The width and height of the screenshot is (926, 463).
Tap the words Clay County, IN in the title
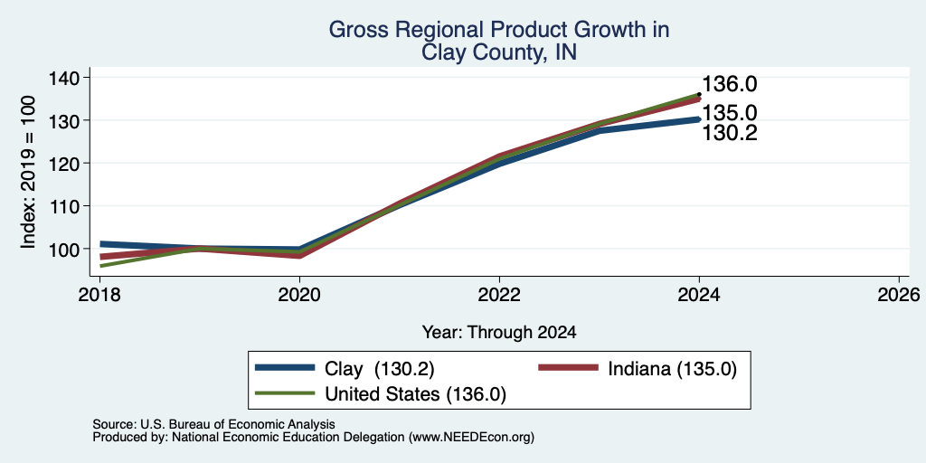coord(499,52)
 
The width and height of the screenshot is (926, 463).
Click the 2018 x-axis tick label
coord(100,294)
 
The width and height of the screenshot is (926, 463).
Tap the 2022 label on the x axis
coord(499,294)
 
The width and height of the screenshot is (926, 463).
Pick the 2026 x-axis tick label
coord(899,294)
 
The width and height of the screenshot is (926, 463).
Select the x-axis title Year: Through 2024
coord(499,333)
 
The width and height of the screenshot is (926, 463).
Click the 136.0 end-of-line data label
coord(730,84)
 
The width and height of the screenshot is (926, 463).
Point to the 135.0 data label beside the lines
coord(730,113)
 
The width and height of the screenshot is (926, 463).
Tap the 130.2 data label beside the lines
coord(730,134)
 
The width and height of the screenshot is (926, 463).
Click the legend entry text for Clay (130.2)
coord(380,370)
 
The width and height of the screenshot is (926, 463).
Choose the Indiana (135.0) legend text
coord(672,370)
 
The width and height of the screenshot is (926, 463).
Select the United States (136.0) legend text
coord(416,394)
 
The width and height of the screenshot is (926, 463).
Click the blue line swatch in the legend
coord(285,367)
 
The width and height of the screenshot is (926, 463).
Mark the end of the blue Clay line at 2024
coord(699,119)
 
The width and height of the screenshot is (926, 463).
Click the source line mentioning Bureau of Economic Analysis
coord(213,424)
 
